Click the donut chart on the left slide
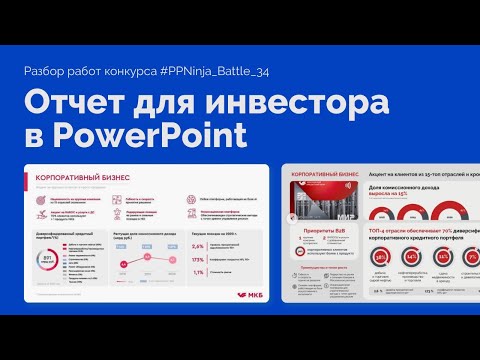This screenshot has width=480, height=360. click(43, 261)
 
